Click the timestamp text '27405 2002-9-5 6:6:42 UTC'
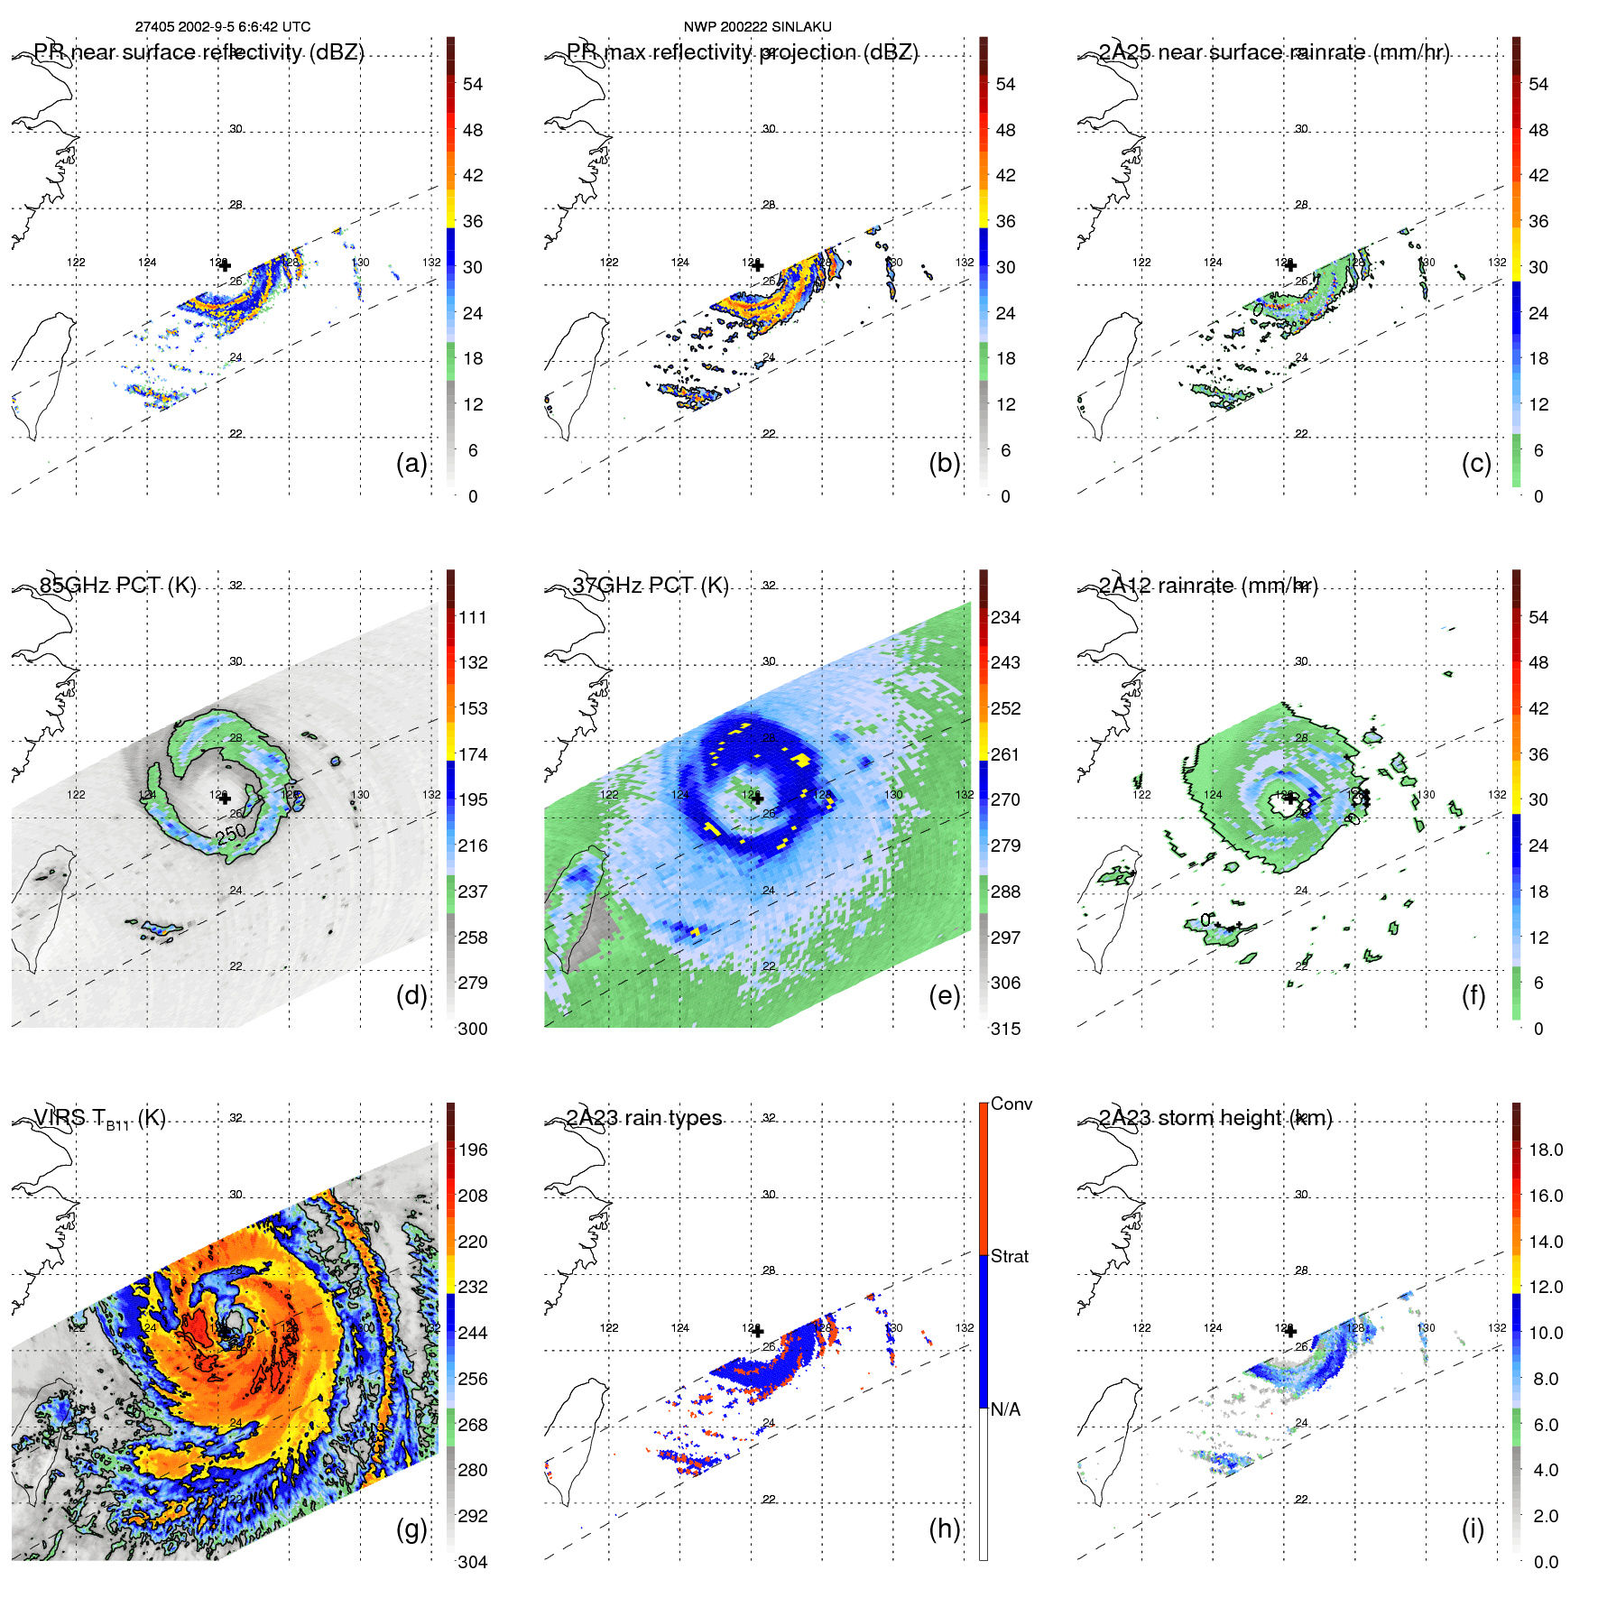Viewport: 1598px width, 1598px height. coord(223,27)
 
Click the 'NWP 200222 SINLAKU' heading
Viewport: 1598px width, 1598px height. coord(757,27)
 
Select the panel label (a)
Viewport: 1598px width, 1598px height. coord(411,463)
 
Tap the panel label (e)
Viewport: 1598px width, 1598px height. coord(944,995)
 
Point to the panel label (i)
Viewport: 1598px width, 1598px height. coord(1473,1529)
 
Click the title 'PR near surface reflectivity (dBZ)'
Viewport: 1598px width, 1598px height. coord(199,52)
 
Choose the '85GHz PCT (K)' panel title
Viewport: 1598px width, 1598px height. coord(117,585)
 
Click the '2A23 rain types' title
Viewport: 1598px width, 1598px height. coord(644,1118)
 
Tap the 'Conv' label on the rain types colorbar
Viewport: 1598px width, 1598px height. coord(1011,1104)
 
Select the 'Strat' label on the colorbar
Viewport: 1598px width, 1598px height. coord(1010,1256)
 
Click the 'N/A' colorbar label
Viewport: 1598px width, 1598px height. coord(1005,1409)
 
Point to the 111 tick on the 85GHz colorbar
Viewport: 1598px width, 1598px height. coord(473,618)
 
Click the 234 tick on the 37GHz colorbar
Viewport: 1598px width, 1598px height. coord(1005,618)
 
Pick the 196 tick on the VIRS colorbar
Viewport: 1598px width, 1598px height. coord(473,1150)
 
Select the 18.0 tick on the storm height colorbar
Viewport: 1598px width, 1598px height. coord(1546,1150)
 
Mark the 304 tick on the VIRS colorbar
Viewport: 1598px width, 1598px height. coord(473,1562)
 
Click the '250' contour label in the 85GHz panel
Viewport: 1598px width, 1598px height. coord(231,834)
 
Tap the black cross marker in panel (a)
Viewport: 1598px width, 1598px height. coord(225,265)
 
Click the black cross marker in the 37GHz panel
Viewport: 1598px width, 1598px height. coord(758,799)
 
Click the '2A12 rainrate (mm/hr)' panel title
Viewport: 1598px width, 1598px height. coord(1208,586)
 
